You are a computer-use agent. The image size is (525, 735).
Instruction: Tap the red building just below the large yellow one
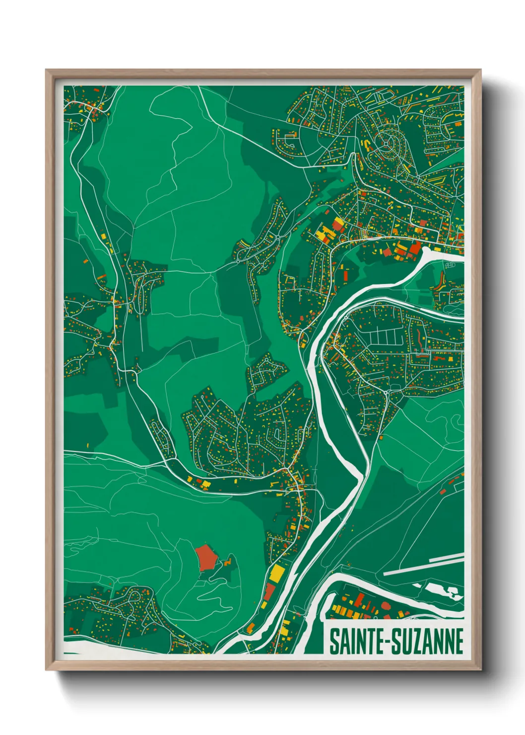coord(269,591)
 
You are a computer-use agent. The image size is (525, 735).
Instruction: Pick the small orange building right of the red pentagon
coord(228,562)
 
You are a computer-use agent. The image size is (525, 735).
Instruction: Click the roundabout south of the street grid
coord(387,393)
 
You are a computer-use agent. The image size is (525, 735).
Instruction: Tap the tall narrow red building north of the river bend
coord(347,276)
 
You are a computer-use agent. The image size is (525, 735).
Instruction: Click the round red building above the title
coord(386,605)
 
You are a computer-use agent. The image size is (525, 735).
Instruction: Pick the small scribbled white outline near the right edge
coord(450,265)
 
